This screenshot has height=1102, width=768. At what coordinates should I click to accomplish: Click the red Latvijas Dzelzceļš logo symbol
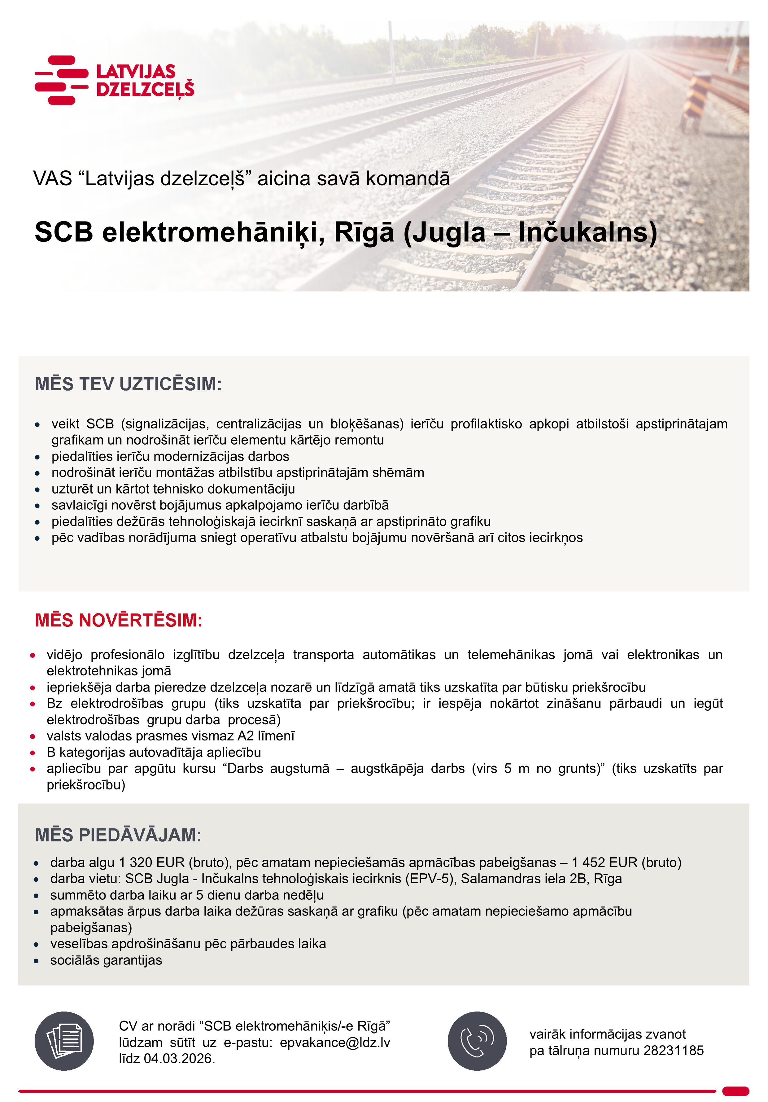pyautogui.click(x=61, y=80)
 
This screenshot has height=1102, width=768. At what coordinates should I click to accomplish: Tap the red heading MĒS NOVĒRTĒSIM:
pyautogui.click(x=119, y=620)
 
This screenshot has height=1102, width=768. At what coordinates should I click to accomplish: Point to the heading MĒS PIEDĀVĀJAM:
pyautogui.click(x=118, y=835)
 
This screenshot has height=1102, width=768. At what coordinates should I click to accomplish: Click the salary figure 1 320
pyautogui.click(x=135, y=863)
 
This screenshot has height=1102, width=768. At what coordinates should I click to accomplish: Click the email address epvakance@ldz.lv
pyautogui.click(x=335, y=1043)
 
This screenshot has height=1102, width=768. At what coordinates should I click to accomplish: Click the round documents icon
pyautogui.click(x=64, y=1041)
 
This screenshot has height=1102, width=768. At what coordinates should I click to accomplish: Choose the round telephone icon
pyautogui.click(x=477, y=1041)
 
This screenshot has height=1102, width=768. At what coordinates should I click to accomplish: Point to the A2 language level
pyautogui.click(x=246, y=736)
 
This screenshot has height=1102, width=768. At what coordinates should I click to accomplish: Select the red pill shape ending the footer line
pyautogui.click(x=735, y=1091)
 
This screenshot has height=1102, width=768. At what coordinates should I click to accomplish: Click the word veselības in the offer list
pyautogui.click(x=79, y=944)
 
